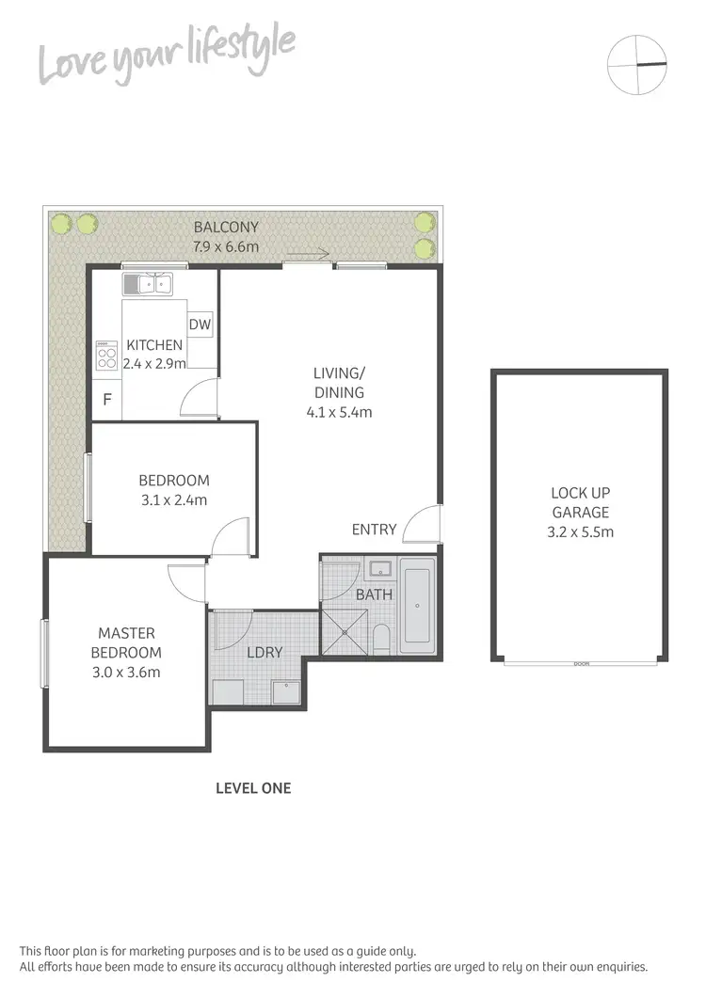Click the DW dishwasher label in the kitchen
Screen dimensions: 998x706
[200, 325]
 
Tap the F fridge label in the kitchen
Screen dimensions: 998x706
[107, 400]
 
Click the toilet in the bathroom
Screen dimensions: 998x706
[381, 640]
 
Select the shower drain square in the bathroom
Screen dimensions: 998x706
[345, 632]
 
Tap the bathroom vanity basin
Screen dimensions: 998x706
[380, 568]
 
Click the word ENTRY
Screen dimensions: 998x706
[374, 530]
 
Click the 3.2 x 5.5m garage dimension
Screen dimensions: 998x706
[581, 532]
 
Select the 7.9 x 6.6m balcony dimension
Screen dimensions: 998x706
[226, 247]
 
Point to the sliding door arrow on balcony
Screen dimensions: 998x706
[309, 253]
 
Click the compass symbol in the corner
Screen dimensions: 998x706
[636, 64]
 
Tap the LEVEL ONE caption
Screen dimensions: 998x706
[253, 788]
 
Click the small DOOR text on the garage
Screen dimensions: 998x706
[582, 664]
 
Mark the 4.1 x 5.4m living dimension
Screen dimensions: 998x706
[339, 412]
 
